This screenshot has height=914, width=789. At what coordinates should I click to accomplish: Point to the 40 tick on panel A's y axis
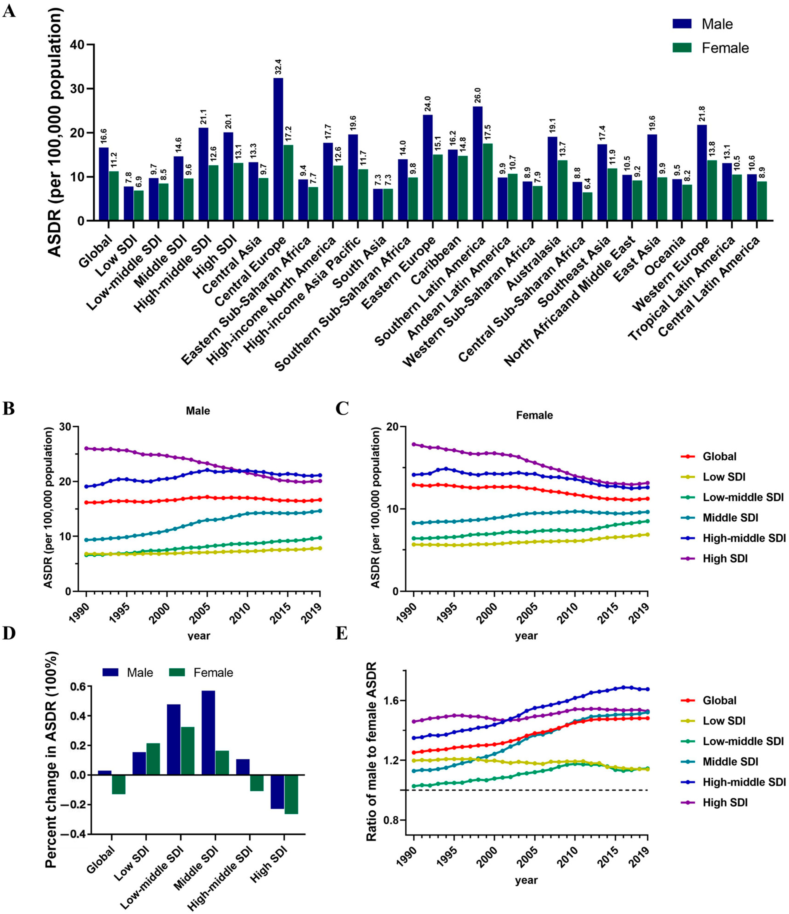[81, 45]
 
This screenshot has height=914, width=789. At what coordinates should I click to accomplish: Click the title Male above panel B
[198, 411]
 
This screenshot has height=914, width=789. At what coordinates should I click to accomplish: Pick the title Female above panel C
[534, 415]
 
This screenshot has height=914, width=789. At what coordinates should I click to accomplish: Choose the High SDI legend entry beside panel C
[725, 558]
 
